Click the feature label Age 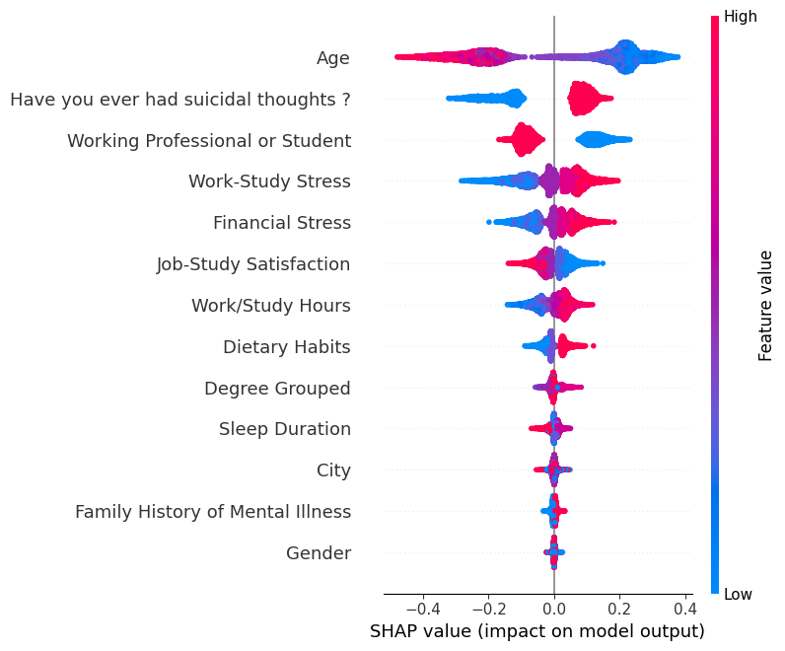click(333, 58)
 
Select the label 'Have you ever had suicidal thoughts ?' click(179, 100)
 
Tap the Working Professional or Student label click(209, 141)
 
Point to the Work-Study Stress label click(269, 181)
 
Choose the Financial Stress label click(282, 223)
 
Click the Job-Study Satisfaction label click(253, 264)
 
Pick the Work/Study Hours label click(271, 306)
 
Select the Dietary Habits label click(287, 347)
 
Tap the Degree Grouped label click(277, 389)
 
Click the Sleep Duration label click(285, 429)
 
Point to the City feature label click(333, 470)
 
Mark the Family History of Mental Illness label click(213, 512)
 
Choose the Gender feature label click(319, 553)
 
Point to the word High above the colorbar click(741, 17)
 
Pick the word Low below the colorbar click(739, 596)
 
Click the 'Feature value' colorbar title click(765, 306)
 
